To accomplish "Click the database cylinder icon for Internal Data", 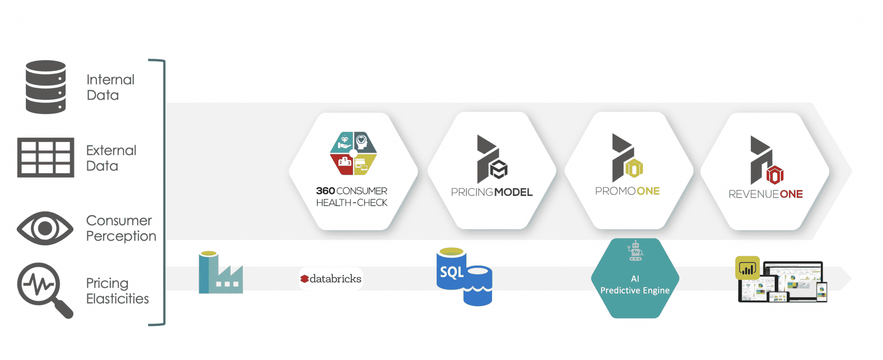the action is (46, 87).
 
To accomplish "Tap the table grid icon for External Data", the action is (46, 157).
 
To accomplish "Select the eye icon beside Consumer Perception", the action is (45, 228).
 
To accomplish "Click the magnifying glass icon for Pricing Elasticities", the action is (45, 290).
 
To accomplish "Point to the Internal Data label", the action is (110, 87).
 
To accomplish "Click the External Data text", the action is (111, 158).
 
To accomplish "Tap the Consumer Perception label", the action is (121, 229).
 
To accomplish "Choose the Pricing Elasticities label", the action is (117, 291).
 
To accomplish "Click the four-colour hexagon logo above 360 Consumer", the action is (354, 153).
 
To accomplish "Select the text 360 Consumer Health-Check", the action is (352, 197).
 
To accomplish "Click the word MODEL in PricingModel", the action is (514, 192).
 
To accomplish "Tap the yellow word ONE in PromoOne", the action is (648, 191).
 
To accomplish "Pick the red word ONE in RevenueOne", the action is (791, 194).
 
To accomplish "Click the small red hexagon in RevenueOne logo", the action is (775, 175).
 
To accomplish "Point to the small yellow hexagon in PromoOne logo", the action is (634, 169).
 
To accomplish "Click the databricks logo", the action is (331, 279).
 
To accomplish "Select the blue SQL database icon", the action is (464, 277).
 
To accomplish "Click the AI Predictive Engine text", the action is (635, 285).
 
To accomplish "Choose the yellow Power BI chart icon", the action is (747, 268).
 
